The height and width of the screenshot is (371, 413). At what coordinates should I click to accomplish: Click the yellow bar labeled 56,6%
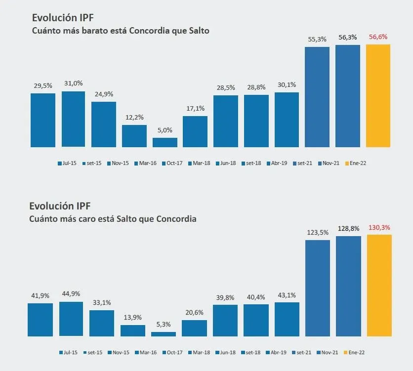[378, 96]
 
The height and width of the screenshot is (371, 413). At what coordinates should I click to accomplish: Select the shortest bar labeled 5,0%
[165, 142]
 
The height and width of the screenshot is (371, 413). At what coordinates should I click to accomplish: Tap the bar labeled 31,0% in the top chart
[73, 119]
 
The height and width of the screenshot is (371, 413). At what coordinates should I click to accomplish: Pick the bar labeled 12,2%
[134, 136]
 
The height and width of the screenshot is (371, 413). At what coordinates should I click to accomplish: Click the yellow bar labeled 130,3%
[379, 285]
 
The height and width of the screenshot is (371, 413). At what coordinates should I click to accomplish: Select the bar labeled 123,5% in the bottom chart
[318, 288]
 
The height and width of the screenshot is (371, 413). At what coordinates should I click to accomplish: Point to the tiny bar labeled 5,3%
[164, 334]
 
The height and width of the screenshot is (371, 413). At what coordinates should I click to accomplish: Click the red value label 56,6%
[378, 37]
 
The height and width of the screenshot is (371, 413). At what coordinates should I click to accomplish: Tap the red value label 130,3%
[379, 228]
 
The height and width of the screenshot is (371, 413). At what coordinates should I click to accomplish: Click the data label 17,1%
[195, 109]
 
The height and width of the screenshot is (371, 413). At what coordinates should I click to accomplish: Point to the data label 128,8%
[348, 229]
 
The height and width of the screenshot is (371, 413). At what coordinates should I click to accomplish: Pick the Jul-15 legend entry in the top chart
[67, 163]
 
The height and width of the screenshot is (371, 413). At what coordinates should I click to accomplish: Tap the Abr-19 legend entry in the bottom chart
[278, 353]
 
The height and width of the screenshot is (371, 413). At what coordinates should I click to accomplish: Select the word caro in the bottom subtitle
[82, 218]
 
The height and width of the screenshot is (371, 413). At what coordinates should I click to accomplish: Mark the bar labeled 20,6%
[194, 328]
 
